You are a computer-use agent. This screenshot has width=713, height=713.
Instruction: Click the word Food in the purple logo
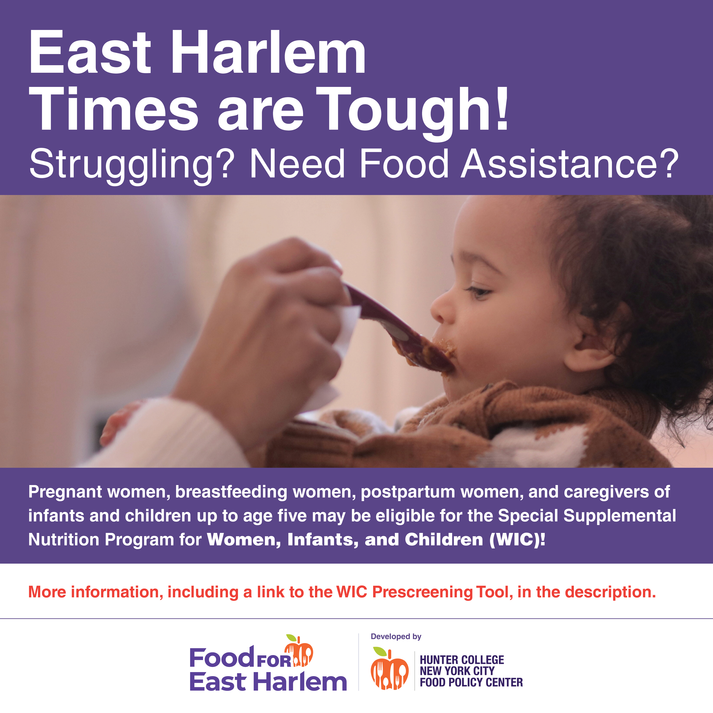(x=222, y=658)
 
